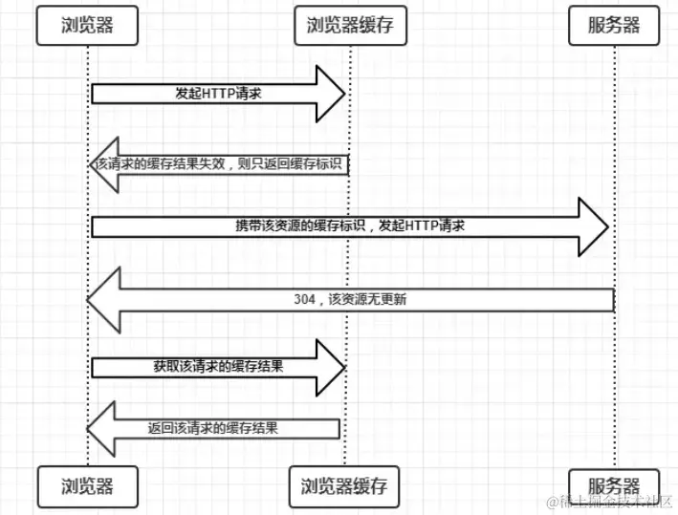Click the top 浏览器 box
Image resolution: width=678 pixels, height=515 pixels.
87,26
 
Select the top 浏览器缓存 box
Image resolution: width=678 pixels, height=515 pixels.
351,26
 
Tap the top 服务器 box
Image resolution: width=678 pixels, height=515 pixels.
614,26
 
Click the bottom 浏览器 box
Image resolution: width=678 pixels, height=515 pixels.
87,486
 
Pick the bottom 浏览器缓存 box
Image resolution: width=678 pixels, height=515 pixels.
344,486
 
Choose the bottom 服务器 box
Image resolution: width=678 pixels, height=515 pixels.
614,486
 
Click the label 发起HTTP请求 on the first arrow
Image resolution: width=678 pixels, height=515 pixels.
218,94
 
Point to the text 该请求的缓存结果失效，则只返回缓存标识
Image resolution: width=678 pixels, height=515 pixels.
218,164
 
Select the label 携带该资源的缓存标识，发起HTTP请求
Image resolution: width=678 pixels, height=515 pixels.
350,225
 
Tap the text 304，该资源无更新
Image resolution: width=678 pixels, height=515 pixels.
350,299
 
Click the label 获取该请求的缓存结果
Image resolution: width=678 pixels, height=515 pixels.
218,366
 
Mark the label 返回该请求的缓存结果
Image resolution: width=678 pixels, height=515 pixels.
212,428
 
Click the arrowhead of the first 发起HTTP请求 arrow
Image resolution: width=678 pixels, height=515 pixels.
331,94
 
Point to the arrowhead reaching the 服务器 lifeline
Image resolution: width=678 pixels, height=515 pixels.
594,226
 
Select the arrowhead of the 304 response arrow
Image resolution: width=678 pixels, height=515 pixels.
104,300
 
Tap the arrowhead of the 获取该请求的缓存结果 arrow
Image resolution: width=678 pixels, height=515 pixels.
331,368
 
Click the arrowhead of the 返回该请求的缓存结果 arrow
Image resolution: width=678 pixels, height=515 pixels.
101,429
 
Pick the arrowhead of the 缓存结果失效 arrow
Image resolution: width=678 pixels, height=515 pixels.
104,165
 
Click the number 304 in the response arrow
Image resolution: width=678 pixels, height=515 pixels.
305,299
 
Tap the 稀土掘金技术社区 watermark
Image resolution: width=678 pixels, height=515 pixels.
610,502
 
